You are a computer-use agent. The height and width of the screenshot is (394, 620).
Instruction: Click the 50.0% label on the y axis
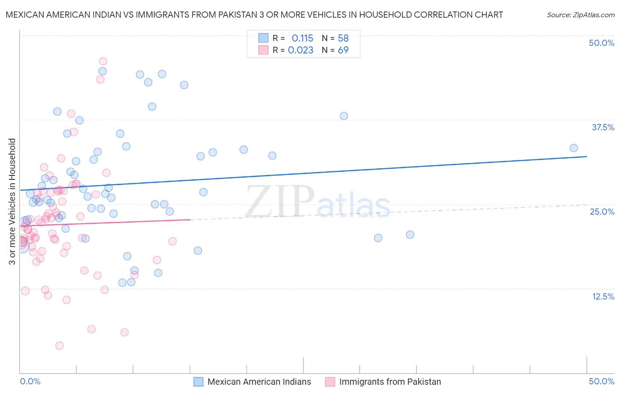click(x=601, y=43)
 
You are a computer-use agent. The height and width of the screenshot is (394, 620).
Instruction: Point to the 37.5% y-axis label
click(x=603, y=127)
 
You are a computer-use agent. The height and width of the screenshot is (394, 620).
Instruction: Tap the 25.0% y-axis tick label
click(x=602, y=212)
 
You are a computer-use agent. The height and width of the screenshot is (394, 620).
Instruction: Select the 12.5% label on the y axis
click(x=603, y=296)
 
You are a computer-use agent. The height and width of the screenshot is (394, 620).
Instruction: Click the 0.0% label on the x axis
click(x=30, y=381)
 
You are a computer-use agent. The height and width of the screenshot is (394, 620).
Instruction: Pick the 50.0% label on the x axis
click(x=601, y=381)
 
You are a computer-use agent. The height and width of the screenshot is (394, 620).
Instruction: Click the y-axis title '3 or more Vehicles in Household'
click(x=12, y=201)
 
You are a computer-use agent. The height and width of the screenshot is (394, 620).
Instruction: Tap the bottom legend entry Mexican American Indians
click(x=259, y=382)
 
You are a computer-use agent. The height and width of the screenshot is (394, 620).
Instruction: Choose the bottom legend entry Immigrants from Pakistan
click(x=390, y=382)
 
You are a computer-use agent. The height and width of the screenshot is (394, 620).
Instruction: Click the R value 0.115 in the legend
click(x=303, y=38)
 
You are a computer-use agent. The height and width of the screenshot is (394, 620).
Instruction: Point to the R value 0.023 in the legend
click(x=301, y=50)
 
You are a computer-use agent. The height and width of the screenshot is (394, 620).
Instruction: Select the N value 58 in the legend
click(x=343, y=38)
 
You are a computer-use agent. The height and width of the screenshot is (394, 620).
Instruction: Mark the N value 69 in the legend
click(x=343, y=50)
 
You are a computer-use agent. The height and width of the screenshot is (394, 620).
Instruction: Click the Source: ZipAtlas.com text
click(x=580, y=15)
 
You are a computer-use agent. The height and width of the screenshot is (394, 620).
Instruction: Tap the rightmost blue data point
click(x=574, y=148)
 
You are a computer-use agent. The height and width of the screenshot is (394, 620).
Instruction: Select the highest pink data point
click(x=103, y=61)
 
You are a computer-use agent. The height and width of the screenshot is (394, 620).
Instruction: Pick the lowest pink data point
click(x=60, y=345)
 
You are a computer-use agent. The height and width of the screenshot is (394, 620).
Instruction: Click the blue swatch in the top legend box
click(x=263, y=38)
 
